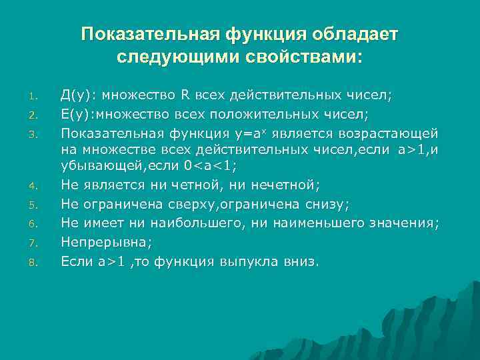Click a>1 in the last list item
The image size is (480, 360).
pos(111,262)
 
